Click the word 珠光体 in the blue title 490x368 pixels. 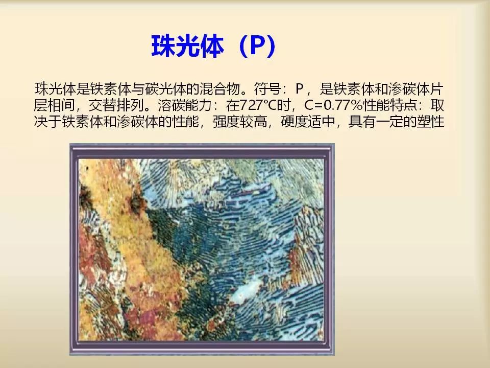187,46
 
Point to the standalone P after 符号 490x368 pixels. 300,89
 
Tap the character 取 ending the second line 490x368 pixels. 437,105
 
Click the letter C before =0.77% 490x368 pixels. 309,105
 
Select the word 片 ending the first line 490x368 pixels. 437,89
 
